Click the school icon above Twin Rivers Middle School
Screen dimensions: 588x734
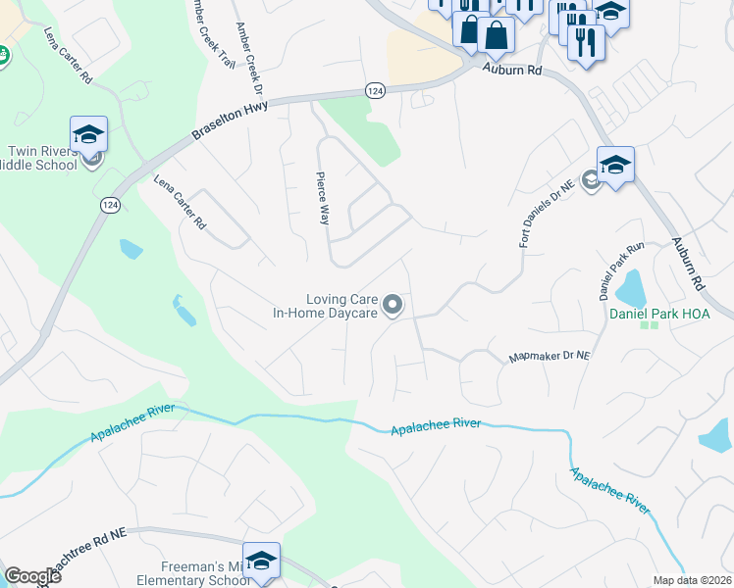tap(88, 134)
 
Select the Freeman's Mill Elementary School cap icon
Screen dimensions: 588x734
tap(261, 561)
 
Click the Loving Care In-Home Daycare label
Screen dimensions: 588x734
tap(328, 306)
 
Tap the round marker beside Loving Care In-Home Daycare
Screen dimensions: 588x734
tap(393, 307)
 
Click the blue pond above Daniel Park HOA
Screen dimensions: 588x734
tap(629, 286)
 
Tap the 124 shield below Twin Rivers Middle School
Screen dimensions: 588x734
tap(109, 205)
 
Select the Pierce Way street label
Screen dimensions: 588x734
tap(321, 199)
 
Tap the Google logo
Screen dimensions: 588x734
tap(32, 576)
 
